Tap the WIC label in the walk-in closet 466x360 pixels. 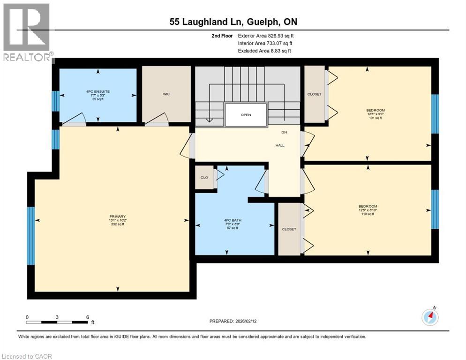(x=166, y=94)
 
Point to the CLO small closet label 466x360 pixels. (x=204, y=178)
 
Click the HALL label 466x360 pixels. (x=280, y=145)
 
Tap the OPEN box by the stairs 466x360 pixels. (x=246, y=114)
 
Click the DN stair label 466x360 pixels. (x=284, y=133)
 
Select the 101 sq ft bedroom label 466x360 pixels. (x=375, y=114)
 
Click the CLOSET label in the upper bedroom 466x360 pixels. (x=314, y=94)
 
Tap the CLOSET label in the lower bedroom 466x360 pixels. (x=289, y=229)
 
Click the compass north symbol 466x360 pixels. (x=430, y=317)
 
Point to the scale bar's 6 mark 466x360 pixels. (x=88, y=317)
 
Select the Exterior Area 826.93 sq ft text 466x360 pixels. (x=266, y=36)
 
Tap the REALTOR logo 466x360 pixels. (x=27, y=33)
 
